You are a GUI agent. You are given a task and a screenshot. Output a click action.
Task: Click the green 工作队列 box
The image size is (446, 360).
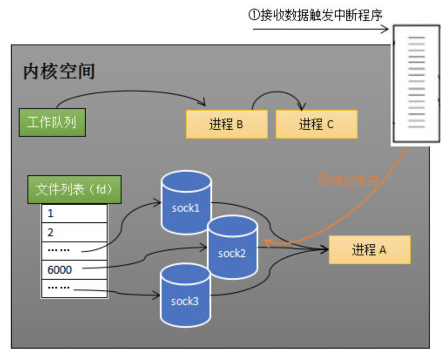click(x=52, y=122)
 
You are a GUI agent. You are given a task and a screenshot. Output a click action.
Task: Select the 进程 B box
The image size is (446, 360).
click(x=226, y=124)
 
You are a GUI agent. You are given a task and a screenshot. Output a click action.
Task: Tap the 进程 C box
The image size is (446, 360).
click(x=317, y=124)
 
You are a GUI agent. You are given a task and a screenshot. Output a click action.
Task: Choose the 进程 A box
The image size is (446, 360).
click(x=369, y=250)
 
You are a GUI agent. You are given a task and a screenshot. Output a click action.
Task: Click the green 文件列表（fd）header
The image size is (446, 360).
click(x=74, y=190)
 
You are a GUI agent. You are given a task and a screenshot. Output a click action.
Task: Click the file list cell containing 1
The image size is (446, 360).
click(x=74, y=214)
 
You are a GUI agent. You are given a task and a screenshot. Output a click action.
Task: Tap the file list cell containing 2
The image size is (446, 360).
click(x=74, y=232)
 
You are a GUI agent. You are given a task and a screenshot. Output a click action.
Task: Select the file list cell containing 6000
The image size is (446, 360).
click(x=74, y=270)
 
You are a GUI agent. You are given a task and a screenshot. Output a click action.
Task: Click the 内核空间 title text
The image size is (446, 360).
click(x=59, y=71)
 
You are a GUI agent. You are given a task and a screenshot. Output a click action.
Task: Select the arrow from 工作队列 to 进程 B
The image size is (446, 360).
click(x=131, y=92)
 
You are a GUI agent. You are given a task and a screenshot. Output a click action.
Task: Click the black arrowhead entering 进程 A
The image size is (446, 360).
click(x=324, y=250)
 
